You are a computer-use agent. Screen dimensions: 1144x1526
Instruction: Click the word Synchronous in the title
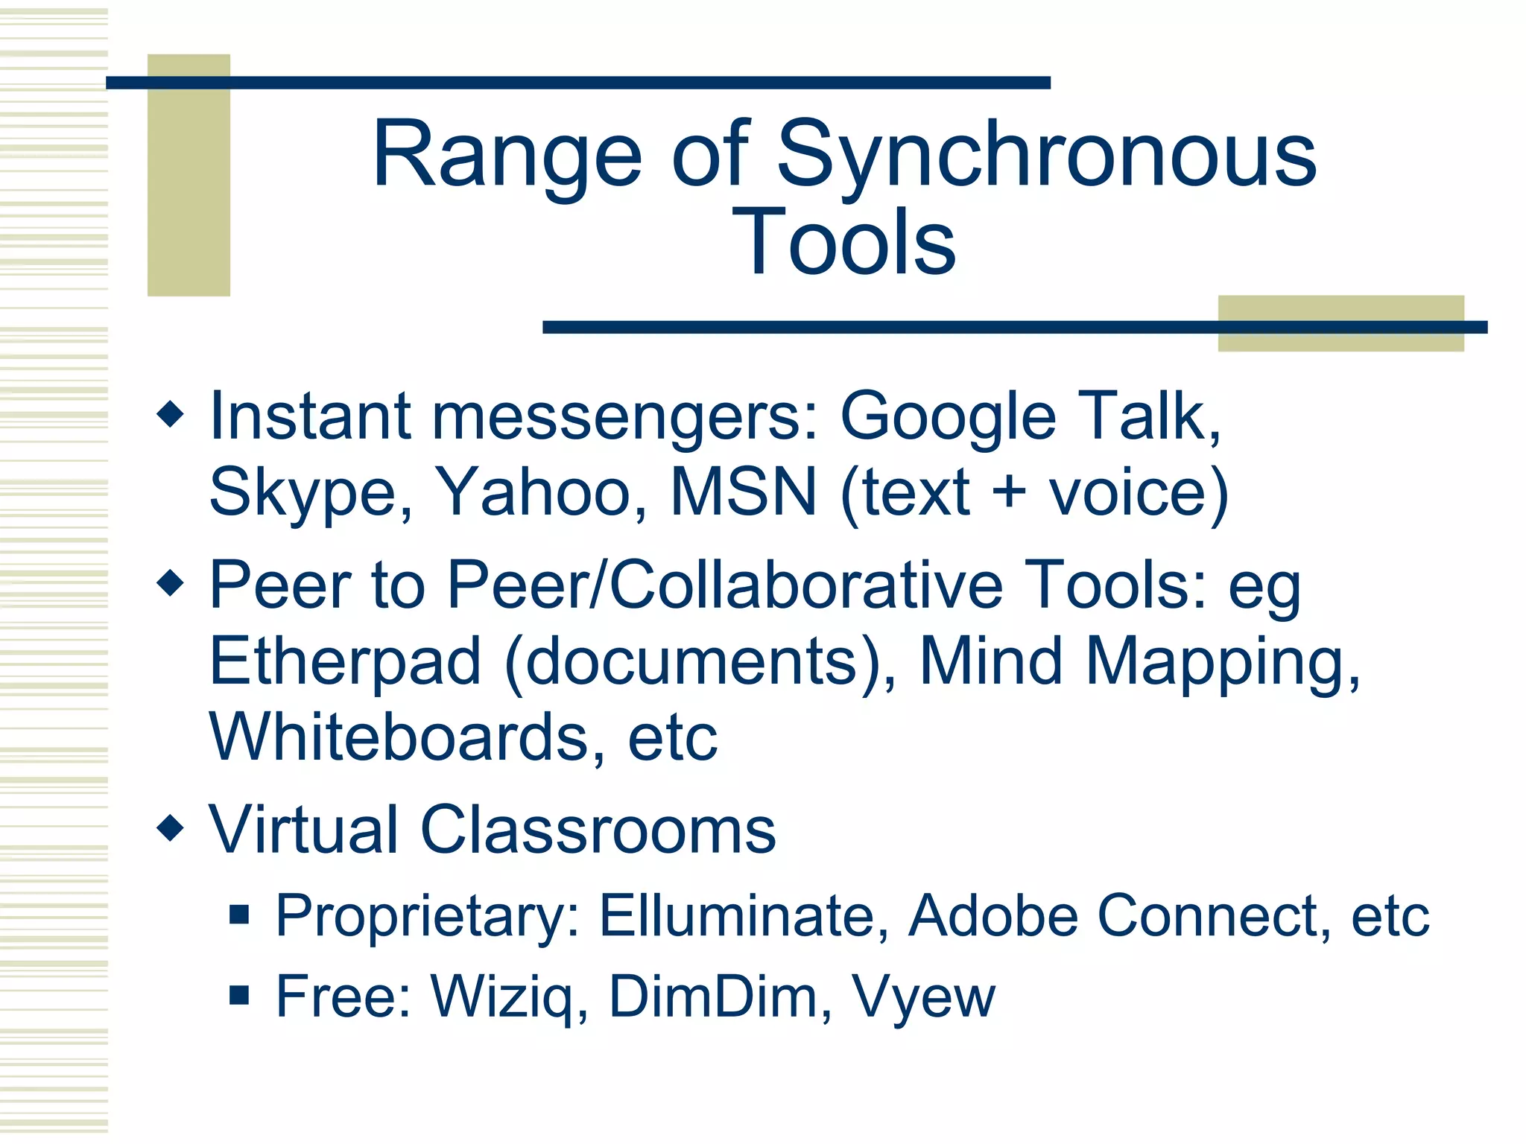click(x=1047, y=156)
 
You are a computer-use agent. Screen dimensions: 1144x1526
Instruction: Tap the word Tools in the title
click(x=843, y=242)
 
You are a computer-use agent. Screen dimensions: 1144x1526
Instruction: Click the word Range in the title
click(x=507, y=156)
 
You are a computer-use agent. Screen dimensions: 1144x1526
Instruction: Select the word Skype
click(x=309, y=493)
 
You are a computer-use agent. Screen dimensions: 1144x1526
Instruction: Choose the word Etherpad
click(x=345, y=661)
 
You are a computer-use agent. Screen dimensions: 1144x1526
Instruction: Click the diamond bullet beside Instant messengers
click(x=171, y=414)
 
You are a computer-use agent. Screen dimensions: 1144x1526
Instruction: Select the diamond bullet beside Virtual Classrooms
click(x=171, y=827)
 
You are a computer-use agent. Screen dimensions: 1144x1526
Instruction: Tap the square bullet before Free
click(x=239, y=995)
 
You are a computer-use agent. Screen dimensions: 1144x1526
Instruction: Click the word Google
click(x=948, y=417)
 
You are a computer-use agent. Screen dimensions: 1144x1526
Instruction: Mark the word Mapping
click(x=1222, y=662)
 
